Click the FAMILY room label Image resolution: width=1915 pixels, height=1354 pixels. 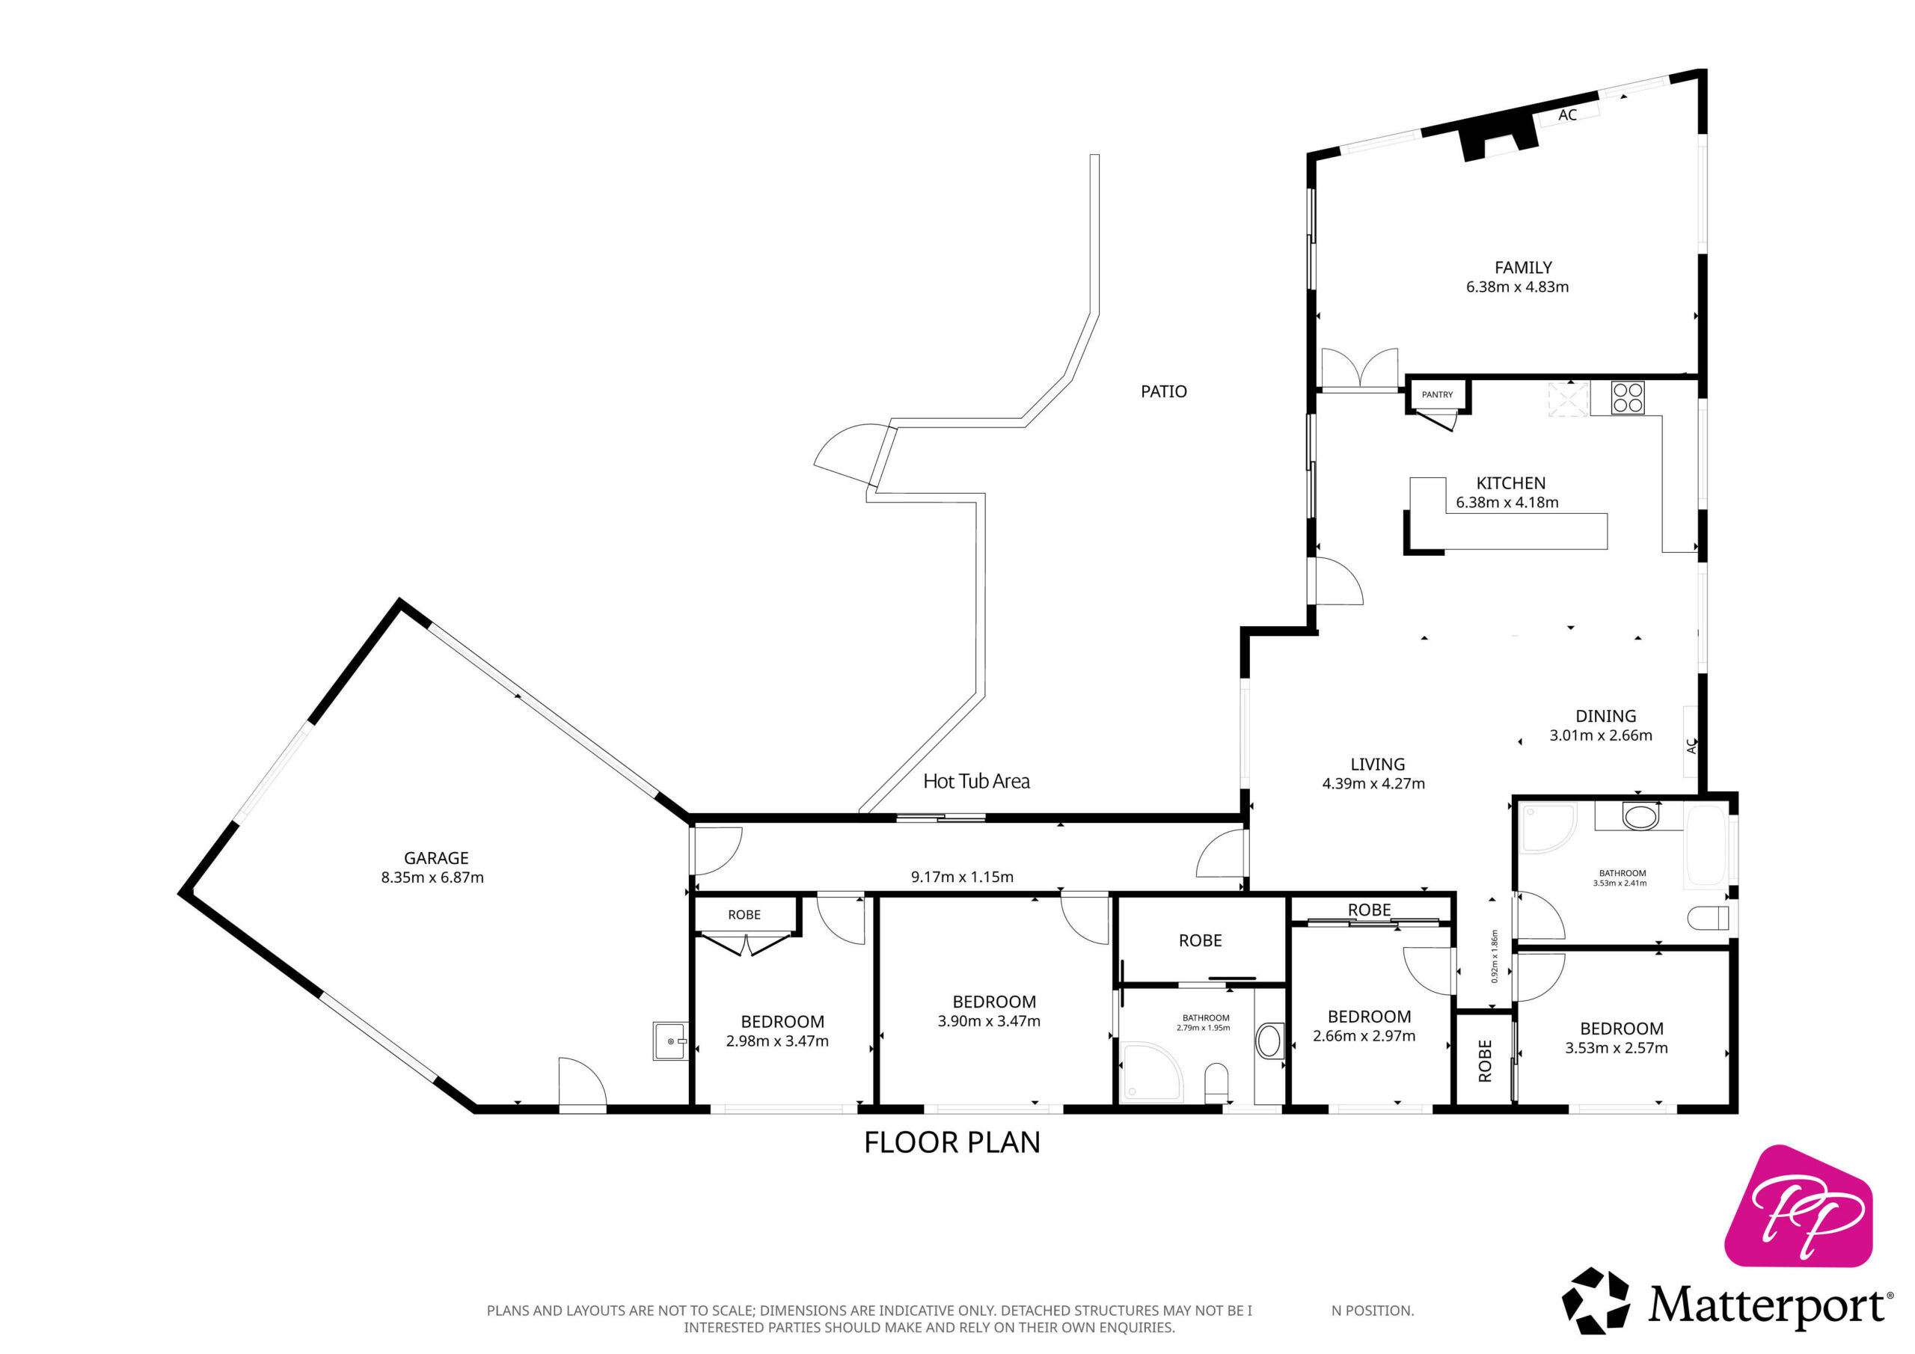(x=1523, y=268)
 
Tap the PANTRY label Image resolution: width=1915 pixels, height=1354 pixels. (x=1437, y=394)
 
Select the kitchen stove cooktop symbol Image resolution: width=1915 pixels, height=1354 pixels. (x=1627, y=397)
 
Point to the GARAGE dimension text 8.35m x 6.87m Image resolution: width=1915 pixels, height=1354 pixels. (x=432, y=877)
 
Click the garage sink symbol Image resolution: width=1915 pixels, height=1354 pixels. (x=669, y=1041)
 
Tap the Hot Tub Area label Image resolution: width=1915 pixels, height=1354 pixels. (x=976, y=781)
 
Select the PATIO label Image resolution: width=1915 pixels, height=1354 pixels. (x=1163, y=391)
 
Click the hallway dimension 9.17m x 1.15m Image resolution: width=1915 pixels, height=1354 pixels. (x=962, y=877)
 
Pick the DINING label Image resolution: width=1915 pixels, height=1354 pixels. (x=1605, y=716)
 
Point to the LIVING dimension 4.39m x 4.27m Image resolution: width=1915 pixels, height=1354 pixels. (x=1373, y=783)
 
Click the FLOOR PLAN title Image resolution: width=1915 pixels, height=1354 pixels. (x=952, y=1142)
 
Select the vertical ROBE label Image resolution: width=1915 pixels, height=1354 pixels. (x=1485, y=1062)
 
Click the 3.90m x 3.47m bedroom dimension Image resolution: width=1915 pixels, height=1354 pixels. (x=989, y=1021)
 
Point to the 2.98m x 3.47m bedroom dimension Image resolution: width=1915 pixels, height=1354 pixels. (x=777, y=1041)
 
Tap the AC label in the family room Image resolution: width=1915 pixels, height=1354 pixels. (x=1567, y=115)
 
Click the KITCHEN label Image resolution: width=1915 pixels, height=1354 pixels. (x=1510, y=483)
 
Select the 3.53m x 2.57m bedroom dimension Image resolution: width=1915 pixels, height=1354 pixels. (x=1617, y=1048)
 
